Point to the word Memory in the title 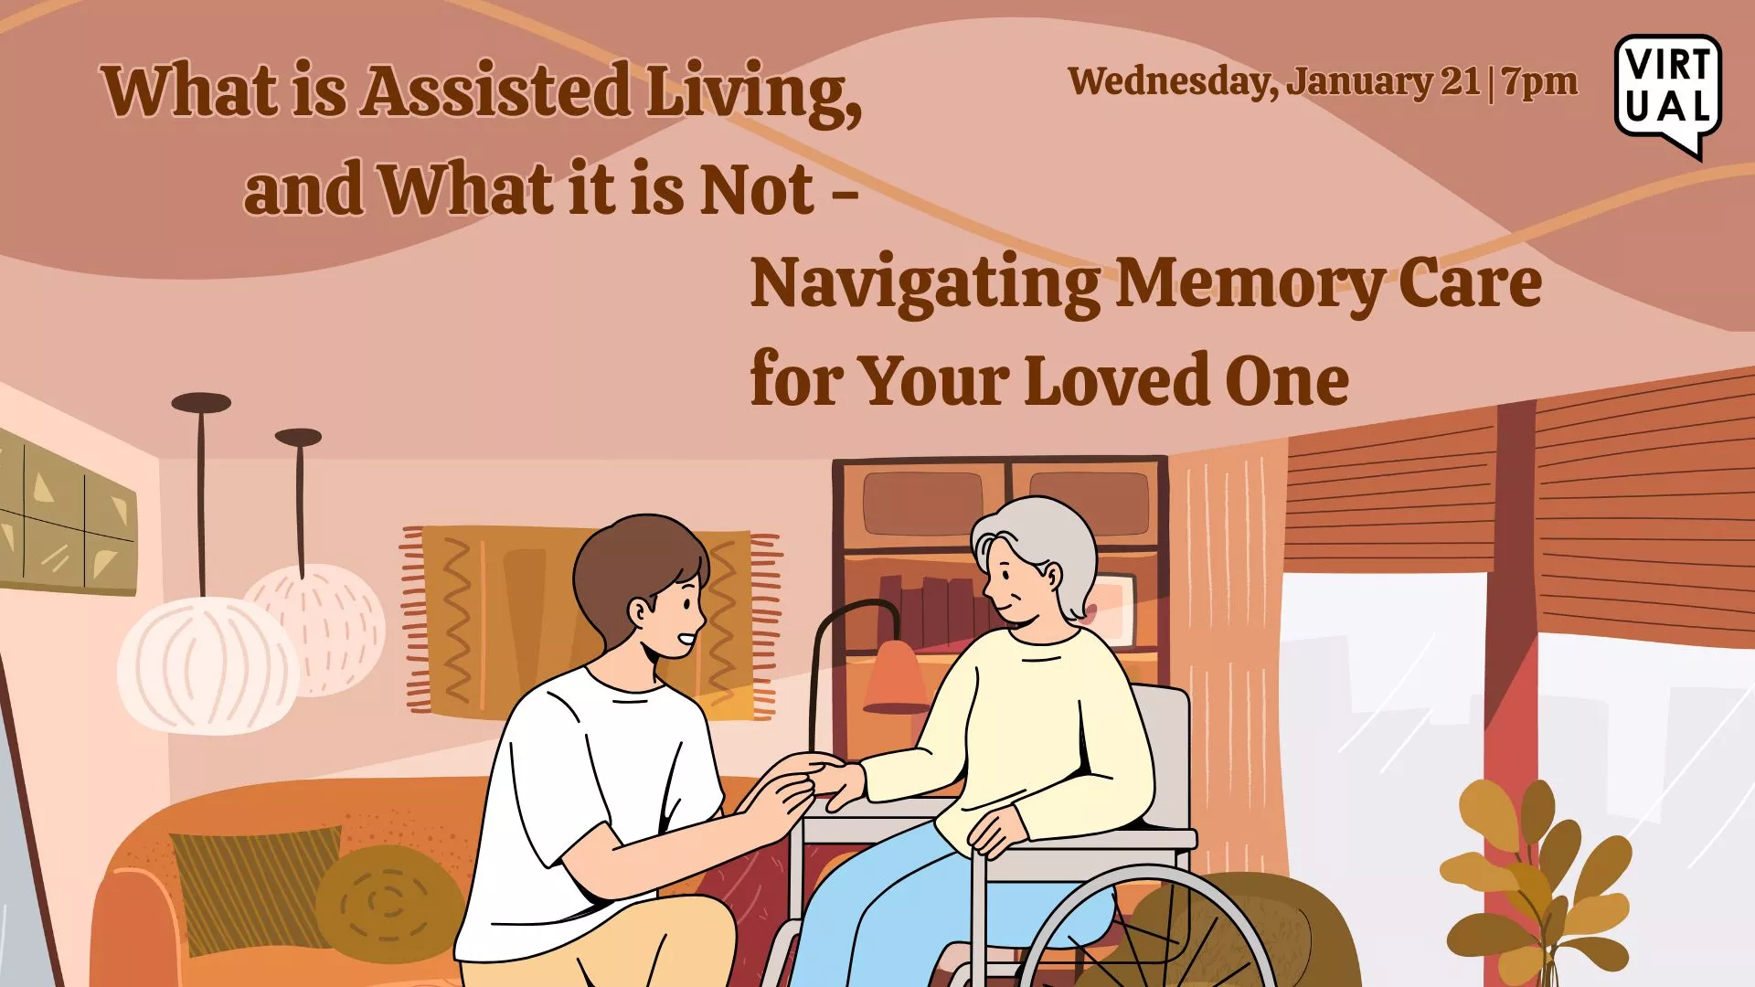click(1249, 283)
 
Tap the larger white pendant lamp click(208, 663)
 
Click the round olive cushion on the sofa click(388, 900)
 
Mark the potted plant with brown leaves click(1536, 877)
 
